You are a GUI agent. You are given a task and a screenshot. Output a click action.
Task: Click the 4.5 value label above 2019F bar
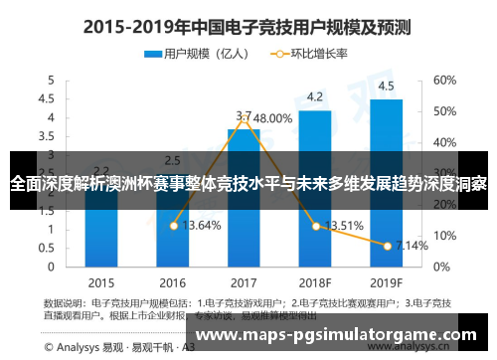click(x=386, y=85)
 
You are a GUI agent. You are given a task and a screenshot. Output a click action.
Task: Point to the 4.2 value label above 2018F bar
click(x=315, y=96)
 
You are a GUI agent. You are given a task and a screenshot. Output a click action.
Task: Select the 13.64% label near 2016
click(x=203, y=225)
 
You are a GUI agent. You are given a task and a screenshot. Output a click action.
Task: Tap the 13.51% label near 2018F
click(x=344, y=225)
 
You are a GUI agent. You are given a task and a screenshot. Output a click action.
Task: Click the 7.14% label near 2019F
click(x=412, y=245)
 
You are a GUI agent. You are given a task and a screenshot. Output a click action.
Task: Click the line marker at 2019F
click(x=387, y=245)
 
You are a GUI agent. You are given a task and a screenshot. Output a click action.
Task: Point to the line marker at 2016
click(x=173, y=226)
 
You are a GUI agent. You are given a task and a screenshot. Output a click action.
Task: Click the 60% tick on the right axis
click(x=444, y=80)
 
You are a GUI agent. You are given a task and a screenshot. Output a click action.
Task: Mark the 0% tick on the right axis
click(x=441, y=267)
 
